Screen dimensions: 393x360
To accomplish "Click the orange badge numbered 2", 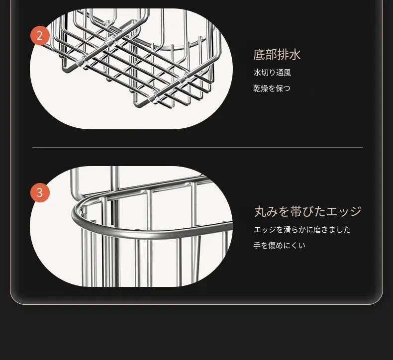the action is pyautogui.click(x=40, y=36).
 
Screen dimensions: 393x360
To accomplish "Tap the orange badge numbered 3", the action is pyautogui.click(x=40, y=192).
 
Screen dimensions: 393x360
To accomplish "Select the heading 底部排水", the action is pyautogui.click(x=277, y=55).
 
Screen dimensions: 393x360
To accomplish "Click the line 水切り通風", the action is pyautogui.click(x=272, y=73).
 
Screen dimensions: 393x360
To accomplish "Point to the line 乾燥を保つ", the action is pyautogui.click(x=272, y=88).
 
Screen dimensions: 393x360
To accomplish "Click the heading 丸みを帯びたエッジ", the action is pyautogui.click(x=308, y=211).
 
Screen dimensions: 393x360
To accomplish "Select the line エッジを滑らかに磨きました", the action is pyautogui.click(x=302, y=230).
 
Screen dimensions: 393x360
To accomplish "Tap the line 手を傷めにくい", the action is pyautogui.click(x=279, y=245).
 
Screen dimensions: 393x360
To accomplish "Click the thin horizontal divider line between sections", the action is pyautogui.click(x=197, y=148).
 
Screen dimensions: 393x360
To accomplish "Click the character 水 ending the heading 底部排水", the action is pyautogui.click(x=295, y=55).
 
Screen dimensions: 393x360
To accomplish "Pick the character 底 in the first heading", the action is pyautogui.click(x=259, y=55).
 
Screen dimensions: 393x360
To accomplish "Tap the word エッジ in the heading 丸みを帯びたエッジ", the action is pyautogui.click(x=344, y=211).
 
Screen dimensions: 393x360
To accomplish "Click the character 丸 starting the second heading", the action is pyautogui.click(x=260, y=211).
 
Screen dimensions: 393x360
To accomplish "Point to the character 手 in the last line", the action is pyautogui.click(x=257, y=245).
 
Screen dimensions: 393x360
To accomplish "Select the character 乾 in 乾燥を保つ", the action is pyautogui.click(x=257, y=88).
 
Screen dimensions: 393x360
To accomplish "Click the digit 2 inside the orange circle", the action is pyautogui.click(x=40, y=36).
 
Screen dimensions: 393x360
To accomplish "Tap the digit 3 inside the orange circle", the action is pyautogui.click(x=40, y=192).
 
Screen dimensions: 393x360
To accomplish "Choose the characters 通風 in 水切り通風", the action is pyautogui.click(x=284, y=73).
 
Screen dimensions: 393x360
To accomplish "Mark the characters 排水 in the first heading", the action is pyautogui.click(x=289, y=55).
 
